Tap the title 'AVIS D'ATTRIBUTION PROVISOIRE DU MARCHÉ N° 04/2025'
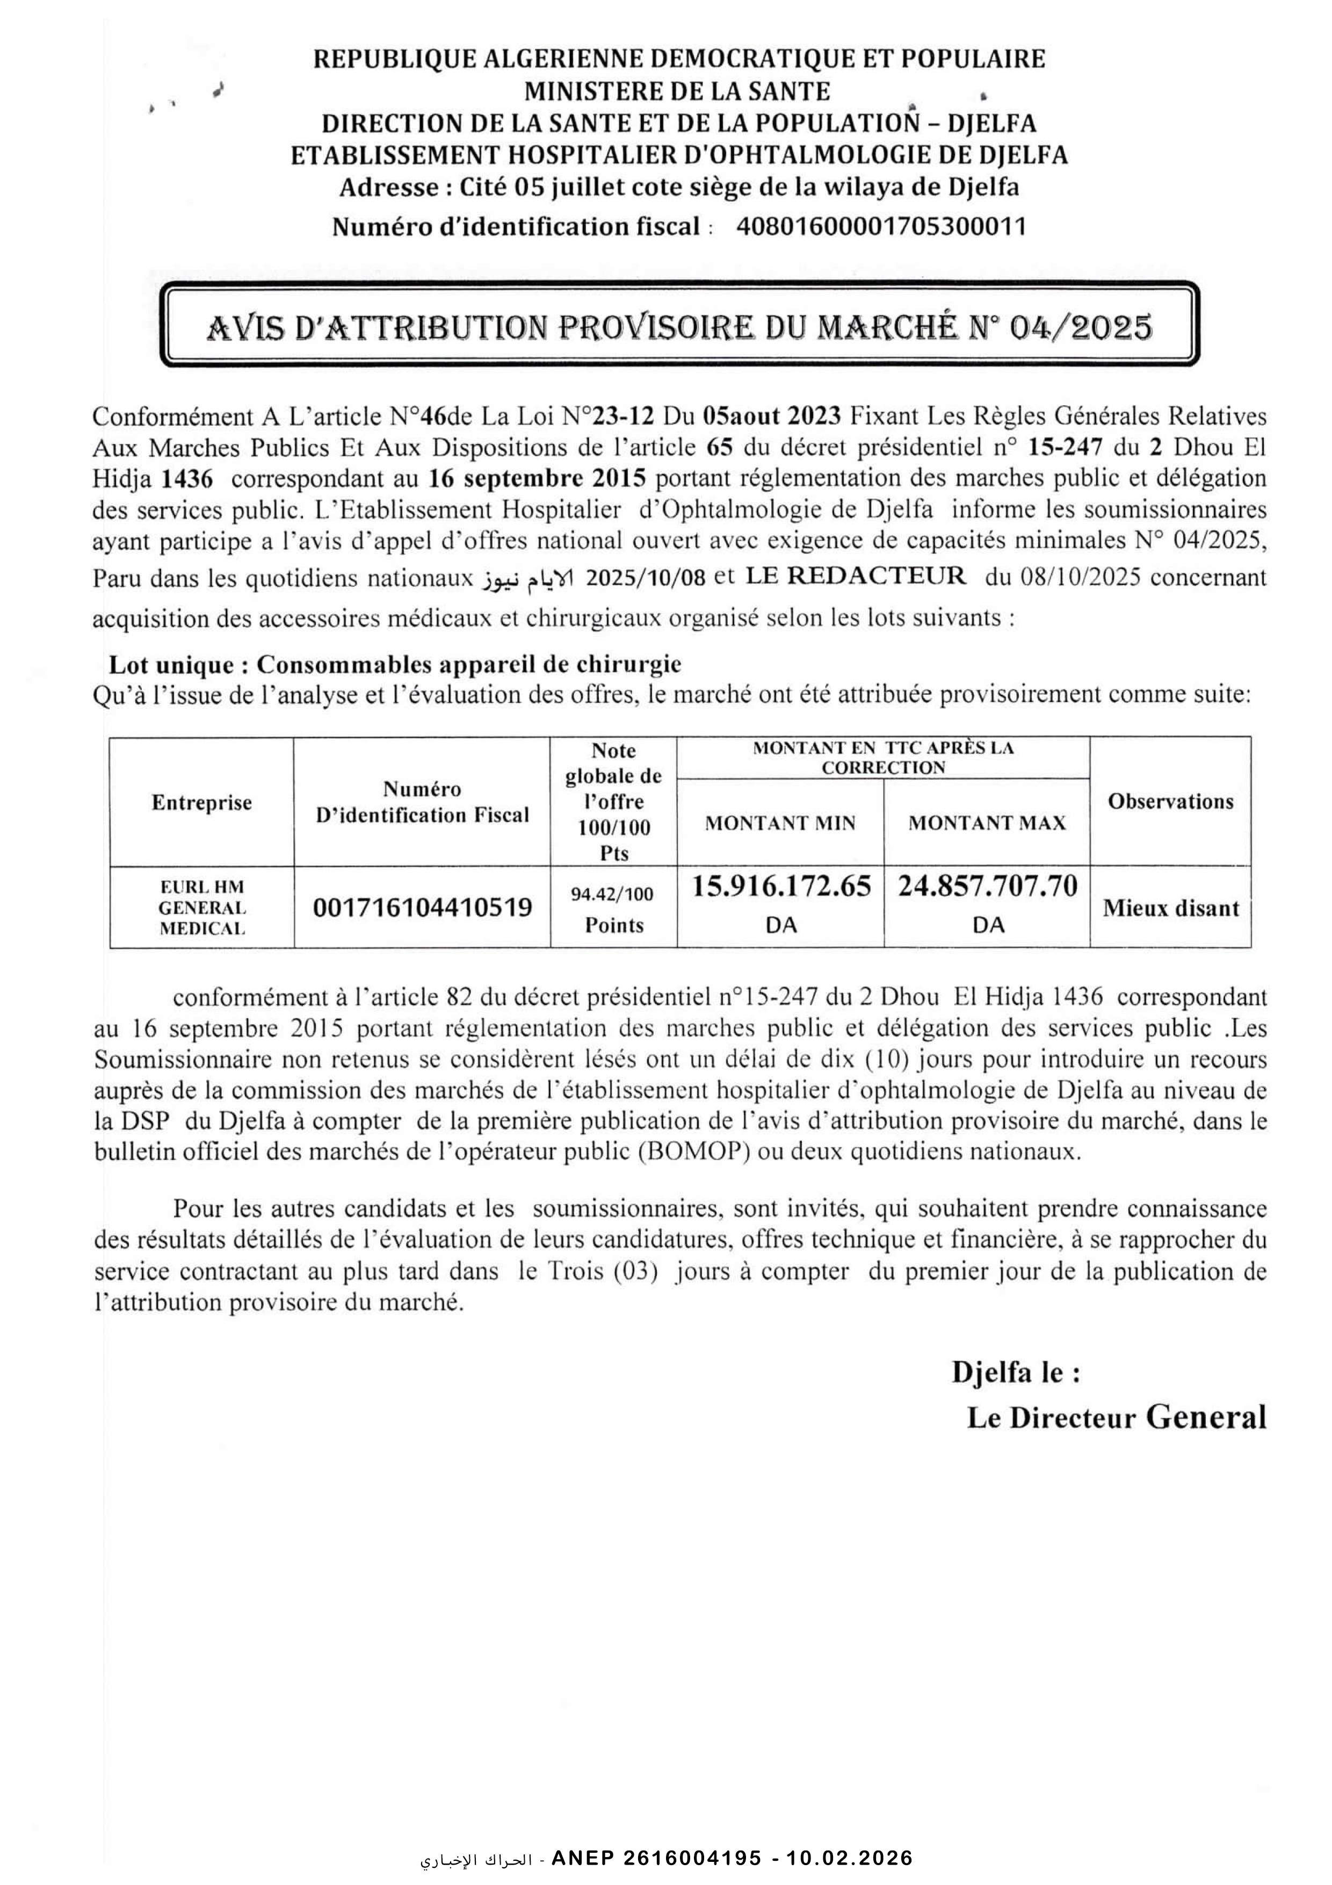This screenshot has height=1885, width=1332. pyautogui.click(x=679, y=328)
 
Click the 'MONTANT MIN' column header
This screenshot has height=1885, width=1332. pyautogui.click(x=780, y=823)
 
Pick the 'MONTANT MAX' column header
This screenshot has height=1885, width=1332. pyautogui.click(x=987, y=823)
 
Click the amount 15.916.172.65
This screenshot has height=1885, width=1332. pyautogui.click(x=780, y=887)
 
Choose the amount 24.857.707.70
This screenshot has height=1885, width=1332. pyautogui.click(x=987, y=887)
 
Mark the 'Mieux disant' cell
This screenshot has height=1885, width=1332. pyautogui.click(x=1170, y=908)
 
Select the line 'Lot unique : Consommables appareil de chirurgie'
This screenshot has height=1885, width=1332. pyautogui.click(x=396, y=664)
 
